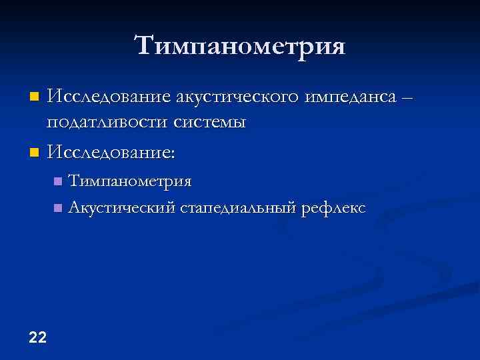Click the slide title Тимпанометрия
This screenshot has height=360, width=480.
(x=240, y=47)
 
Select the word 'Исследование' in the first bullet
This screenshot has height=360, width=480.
(x=108, y=98)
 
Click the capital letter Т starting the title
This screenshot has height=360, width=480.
(x=145, y=45)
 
